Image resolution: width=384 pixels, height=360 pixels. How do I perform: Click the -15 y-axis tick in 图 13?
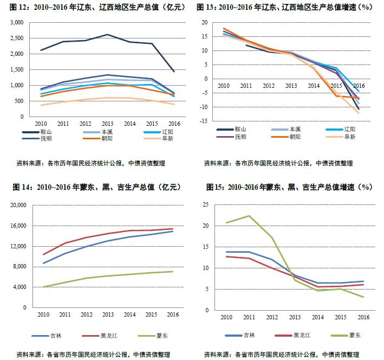[x=205, y=121]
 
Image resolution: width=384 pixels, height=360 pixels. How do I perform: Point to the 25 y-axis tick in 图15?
[x=205, y=204]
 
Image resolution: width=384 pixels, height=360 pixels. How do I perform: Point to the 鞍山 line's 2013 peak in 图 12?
[x=108, y=35]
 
